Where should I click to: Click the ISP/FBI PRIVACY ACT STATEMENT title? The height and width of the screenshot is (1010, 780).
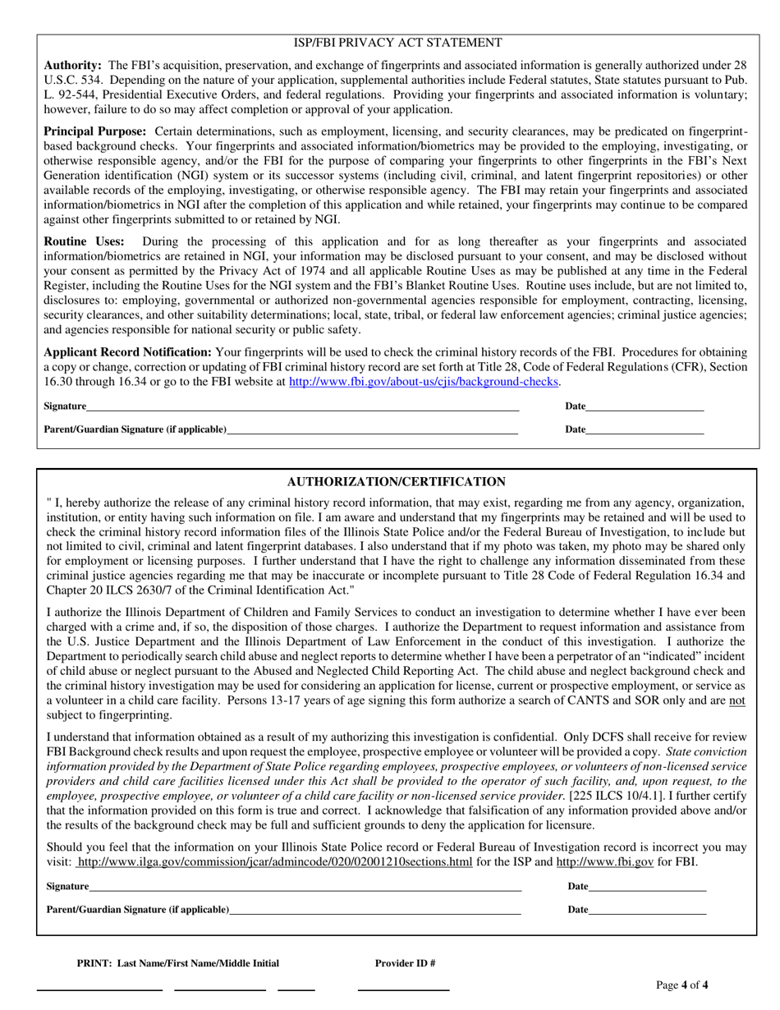(x=397, y=43)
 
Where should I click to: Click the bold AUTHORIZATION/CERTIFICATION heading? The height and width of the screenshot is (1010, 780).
(x=396, y=482)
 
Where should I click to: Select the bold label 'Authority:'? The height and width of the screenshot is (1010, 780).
(x=72, y=65)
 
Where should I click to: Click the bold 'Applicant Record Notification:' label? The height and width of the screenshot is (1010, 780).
(x=127, y=352)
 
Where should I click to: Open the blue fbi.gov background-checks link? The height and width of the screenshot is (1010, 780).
(x=424, y=382)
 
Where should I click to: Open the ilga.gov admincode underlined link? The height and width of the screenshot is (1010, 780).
(x=274, y=862)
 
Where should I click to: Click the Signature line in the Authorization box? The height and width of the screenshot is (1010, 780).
(x=305, y=888)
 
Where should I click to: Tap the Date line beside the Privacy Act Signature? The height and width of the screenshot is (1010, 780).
(x=645, y=407)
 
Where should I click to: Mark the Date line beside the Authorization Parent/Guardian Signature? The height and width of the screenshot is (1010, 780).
(x=647, y=911)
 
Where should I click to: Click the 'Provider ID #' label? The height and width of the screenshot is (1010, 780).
(x=405, y=963)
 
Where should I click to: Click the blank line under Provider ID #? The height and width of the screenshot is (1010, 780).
(x=403, y=989)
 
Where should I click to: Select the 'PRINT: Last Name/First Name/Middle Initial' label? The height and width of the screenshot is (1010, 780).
(x=177, y=963)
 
